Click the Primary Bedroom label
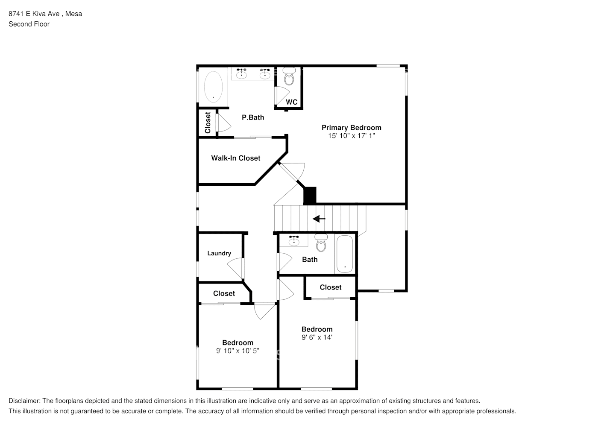click(x=351, y=127)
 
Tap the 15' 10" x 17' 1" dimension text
click(x=351, y=136)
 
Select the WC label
click(x=292, y=102)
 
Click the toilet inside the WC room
click(x=289, y=79)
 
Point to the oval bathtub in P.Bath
click(x=213, y=86)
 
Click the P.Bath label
click(x=253, y=117)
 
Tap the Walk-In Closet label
click(x=235, y=158)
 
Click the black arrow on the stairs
click(x=319, y=219)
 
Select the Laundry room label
click(x=219, y=253)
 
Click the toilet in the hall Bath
click(x=320, y=243)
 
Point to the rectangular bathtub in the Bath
click(x=345, y=254)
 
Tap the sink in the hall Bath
click(x=294, y=241)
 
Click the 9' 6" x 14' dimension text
click(x=317, y=337)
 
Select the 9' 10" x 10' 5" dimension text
click(x=237, y=351)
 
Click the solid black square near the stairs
click(x=310, y=196)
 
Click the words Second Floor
click(x=29, y=24)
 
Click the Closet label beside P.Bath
click(x=208, y=123)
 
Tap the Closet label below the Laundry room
click(x=224, y=293)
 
